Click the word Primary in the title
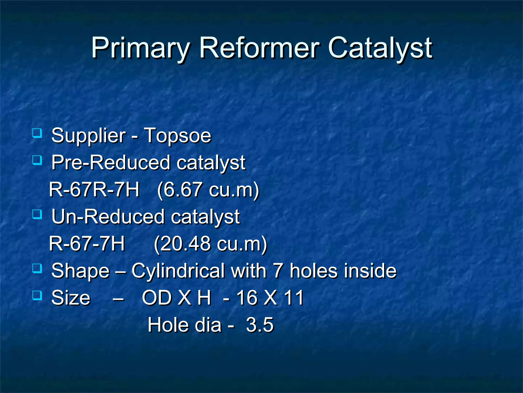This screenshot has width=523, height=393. (x=140, y=48)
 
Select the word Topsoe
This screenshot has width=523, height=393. (x=178, y=135)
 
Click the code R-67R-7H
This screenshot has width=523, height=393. (x=94, y=190)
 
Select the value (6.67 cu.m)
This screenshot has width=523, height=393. (x=208, y=190)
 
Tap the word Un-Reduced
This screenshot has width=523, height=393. (x=108, y=217)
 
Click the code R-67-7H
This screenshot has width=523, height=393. (x=87, y=244)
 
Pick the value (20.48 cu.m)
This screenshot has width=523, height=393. (x=210, y=244)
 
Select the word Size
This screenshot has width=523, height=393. (x=71, y=298)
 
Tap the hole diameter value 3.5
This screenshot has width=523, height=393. (x=260, y=325)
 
